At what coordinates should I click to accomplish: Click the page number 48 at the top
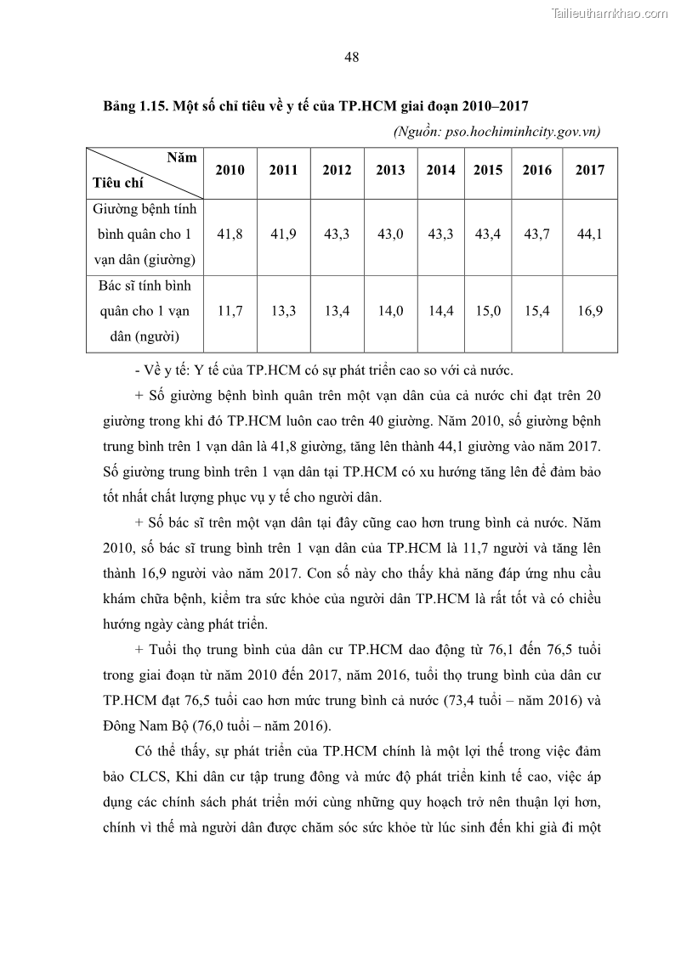[352, 58]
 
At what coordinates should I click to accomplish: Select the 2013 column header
[390, 170]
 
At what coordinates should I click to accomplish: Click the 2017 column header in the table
[589, 170]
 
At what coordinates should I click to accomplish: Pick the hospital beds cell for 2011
[283, 233]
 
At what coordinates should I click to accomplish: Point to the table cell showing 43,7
[536, 233]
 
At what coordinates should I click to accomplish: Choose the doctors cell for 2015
[488, 311]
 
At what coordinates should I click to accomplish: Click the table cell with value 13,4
[337, 311]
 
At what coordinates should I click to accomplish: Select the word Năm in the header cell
[181, 158]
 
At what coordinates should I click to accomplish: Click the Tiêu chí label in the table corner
[118, 183]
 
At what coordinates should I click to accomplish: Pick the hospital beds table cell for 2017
[589, 233]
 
